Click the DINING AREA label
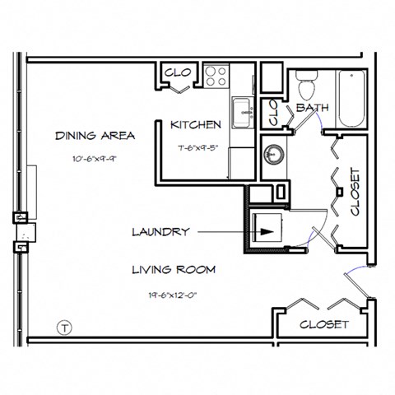83,135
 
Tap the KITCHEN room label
195,125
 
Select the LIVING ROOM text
173,269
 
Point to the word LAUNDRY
161,232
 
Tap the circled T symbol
62,328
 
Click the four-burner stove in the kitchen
216,76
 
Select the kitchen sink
242,113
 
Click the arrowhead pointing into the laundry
265,232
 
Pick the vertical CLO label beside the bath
274,114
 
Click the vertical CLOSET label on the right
355,192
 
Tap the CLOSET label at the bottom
323,324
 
